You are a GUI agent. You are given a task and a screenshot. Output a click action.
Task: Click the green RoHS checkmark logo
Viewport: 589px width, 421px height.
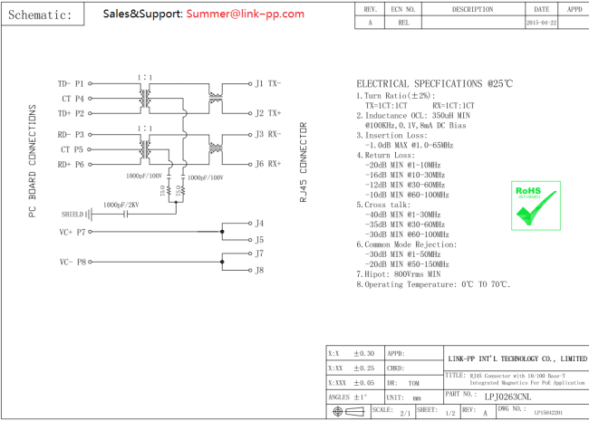click(x=527, y=206)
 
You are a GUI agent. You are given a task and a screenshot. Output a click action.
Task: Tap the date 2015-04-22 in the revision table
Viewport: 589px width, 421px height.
click(x=541, y=23)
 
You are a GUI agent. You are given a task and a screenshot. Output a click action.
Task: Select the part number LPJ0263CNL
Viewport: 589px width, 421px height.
click(x=507, y=396)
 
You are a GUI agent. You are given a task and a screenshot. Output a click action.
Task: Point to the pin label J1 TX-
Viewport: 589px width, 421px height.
click(x=268, y=83)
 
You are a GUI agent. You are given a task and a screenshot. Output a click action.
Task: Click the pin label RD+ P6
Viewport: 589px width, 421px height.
click(x=71, y=165)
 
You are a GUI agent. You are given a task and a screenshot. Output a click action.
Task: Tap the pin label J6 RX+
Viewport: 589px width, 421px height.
click(x=268, y=164)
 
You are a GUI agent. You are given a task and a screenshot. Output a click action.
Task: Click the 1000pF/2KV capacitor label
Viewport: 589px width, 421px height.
click(x=122, y=206)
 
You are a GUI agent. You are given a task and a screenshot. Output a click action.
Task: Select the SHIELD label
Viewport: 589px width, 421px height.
click(x=72, y=215)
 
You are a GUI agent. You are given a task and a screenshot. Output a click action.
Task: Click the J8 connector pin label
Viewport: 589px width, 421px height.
click(x=260, y=270)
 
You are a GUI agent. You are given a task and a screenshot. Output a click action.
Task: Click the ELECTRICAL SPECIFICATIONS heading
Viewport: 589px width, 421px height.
click(x=434, y=82)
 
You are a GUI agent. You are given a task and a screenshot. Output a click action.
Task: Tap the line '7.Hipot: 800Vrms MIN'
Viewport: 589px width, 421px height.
click(x=398, y=273)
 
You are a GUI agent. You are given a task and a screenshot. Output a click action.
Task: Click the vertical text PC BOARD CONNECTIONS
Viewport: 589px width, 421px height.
click(x=32, y=161)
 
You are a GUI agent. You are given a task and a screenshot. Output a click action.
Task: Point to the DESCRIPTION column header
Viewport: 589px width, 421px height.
click(x=472, y=9)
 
